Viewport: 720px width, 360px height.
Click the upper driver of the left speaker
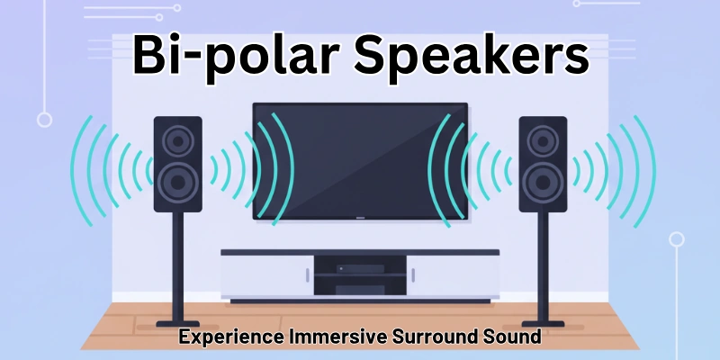tap(177, 140)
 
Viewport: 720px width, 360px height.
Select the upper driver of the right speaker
tap(543, 140)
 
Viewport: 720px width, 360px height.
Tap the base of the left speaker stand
tap(177, 321)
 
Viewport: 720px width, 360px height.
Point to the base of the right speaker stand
tap(543, 321)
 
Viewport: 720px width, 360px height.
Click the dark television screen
tap(360, 158)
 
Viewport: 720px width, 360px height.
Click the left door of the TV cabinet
tap(267, 274)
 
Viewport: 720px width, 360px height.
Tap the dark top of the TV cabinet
tap(360, 253)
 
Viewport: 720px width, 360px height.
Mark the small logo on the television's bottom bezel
tap(360, 217)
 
